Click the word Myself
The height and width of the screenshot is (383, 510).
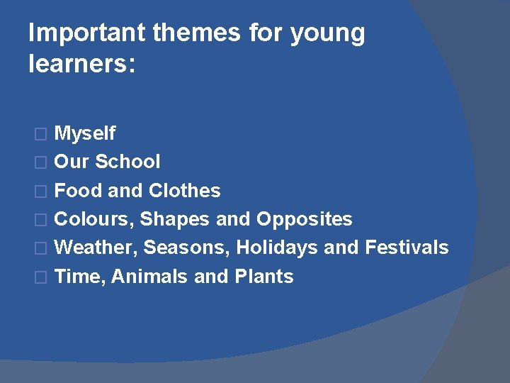(85, 133)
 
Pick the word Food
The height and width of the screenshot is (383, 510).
(78, 191)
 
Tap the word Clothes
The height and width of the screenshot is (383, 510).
(185, 191)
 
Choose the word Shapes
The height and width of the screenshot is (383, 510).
(175, 220)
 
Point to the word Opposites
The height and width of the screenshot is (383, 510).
(304, 219)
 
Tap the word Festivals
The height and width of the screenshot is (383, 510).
(407, 248)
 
